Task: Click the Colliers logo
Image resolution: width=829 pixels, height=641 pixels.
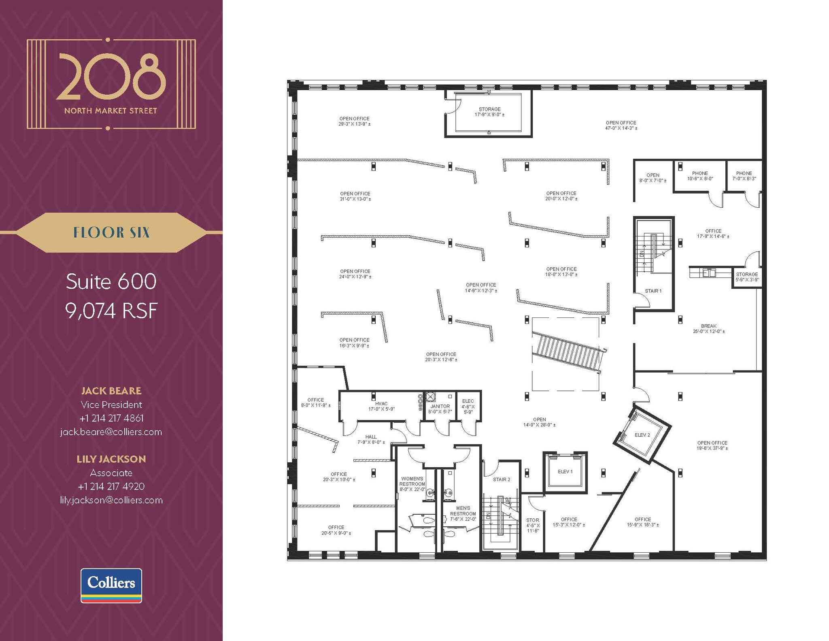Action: pyautogui.click(x=111, y=585)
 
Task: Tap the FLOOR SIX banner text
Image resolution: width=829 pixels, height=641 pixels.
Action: pyautogui.click(x=111, y=232)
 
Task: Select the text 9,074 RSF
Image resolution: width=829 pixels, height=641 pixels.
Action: pyautogui.click(x=111, y=311)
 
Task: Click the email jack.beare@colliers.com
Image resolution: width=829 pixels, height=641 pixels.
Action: pyautogui.click(x=111, y=432)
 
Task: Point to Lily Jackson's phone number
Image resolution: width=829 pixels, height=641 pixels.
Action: pyautogui.click(x=111, y=486)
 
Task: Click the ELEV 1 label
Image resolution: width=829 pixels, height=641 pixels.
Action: pyautogui.click(x=565, y=471)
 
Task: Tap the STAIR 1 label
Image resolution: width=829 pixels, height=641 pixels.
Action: pyautogui.click(x=653, y=291)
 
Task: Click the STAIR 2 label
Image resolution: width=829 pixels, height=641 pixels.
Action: pyautogui.click(x=502, y=479)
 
